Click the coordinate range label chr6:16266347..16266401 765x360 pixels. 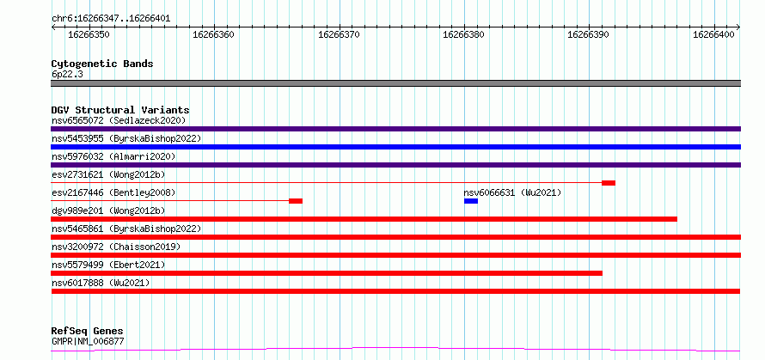point(111,19)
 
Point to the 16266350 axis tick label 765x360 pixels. point(89,34)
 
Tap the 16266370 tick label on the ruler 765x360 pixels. point(339,34)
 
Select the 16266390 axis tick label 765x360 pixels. point(589,34)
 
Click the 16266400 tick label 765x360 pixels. point(713,34)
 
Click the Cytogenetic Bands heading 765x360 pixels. point(102,64)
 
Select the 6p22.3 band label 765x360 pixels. point(67,75)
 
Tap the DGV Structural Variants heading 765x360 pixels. point(120,110)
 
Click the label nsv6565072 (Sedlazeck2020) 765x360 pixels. point(119,120)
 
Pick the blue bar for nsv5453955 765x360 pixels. point(395,147)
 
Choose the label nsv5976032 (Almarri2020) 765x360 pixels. point(113,156)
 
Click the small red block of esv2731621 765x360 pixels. point(609,183)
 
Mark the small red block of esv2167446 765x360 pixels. point(296,201)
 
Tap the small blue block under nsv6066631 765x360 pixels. point(471,201)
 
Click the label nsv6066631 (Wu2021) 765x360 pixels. point(512,192)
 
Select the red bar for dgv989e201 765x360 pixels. point(364,219)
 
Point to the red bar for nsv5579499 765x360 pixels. point(327,273)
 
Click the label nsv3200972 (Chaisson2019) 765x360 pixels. point(116,247)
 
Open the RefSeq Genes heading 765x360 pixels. point(87,332)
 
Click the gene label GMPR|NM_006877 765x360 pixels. point(88,341)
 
